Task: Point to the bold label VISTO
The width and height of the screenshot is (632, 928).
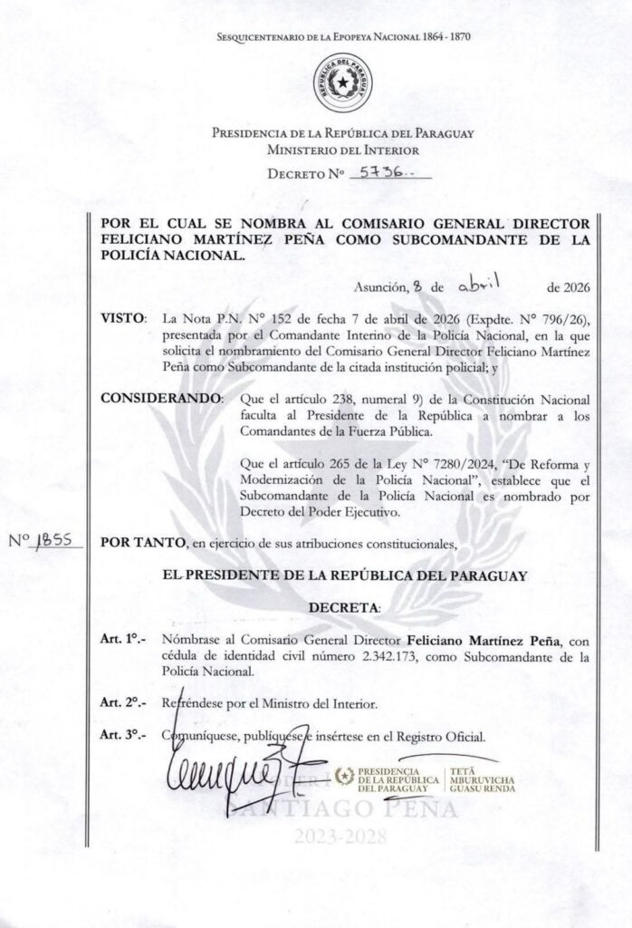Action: pos(125,319)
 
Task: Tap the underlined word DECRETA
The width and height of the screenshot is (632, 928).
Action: pos(344,604)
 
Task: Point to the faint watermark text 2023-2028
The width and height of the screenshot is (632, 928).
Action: pos(343,836)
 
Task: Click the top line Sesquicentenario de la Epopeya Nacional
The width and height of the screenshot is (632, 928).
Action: pos(344,36)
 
